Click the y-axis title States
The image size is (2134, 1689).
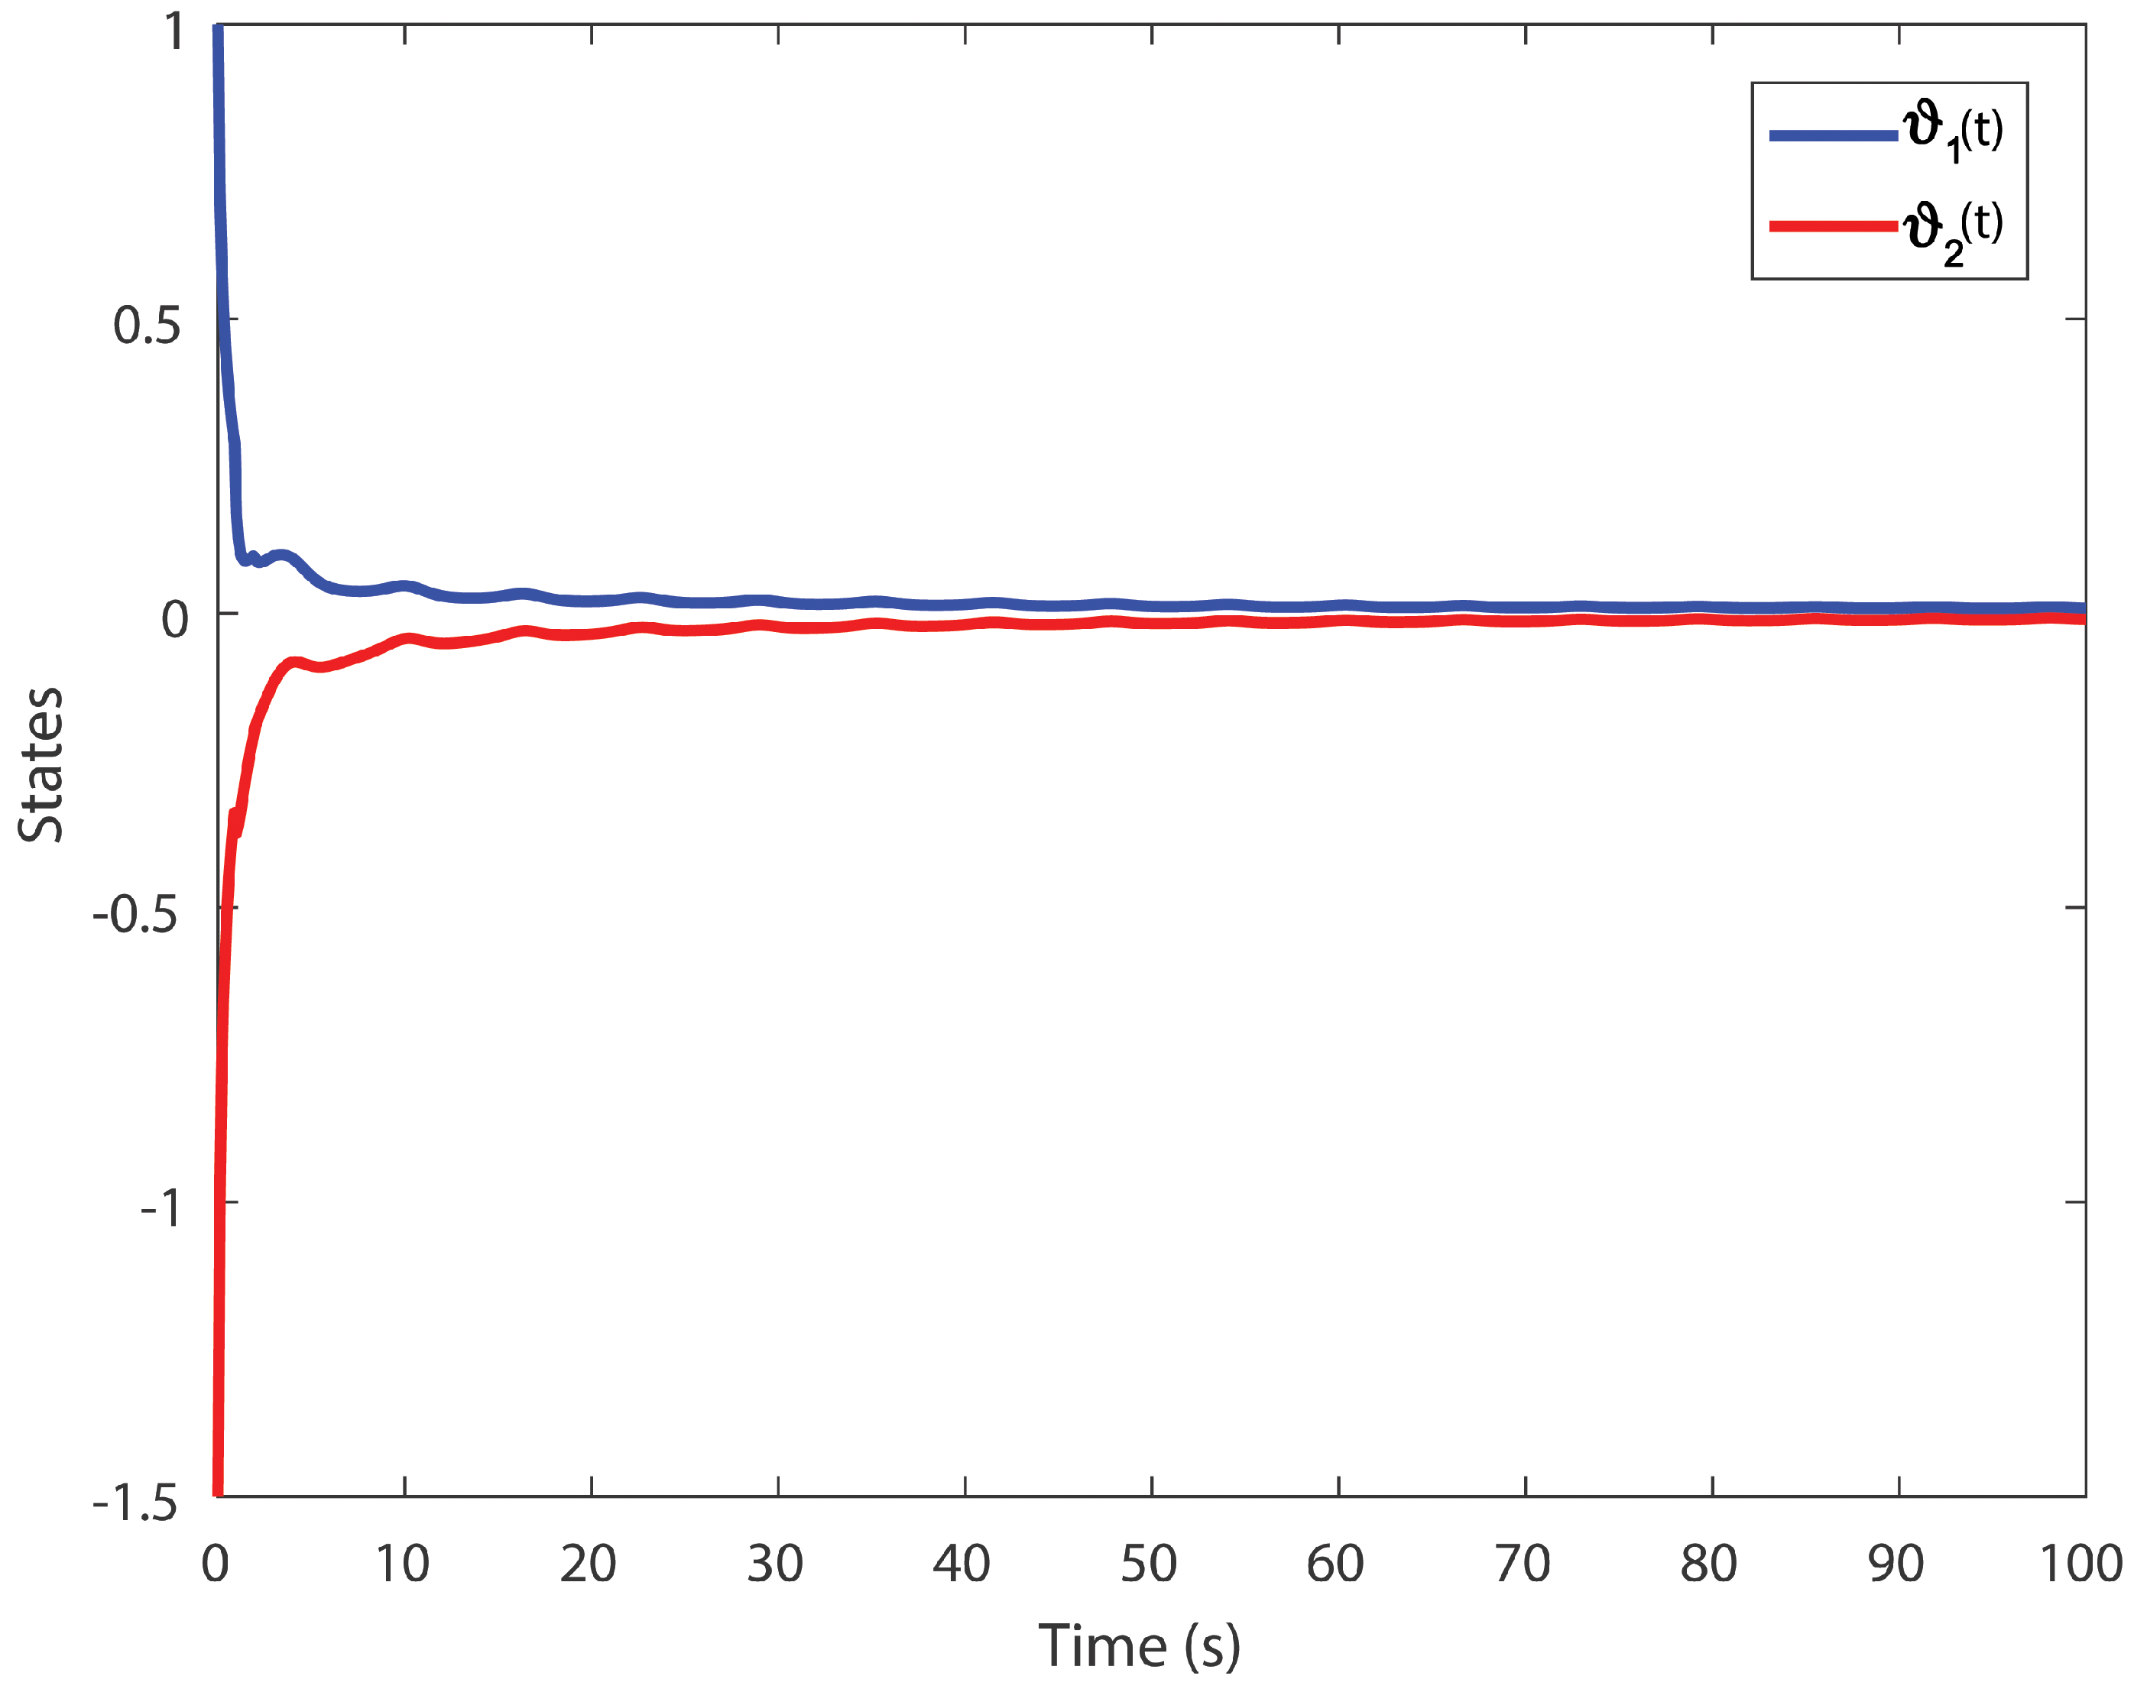(41, 764)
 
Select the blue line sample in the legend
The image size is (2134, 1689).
(1832, 135)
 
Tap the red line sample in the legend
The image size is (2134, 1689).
(1832, 226)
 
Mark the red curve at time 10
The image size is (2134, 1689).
(405, 639)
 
